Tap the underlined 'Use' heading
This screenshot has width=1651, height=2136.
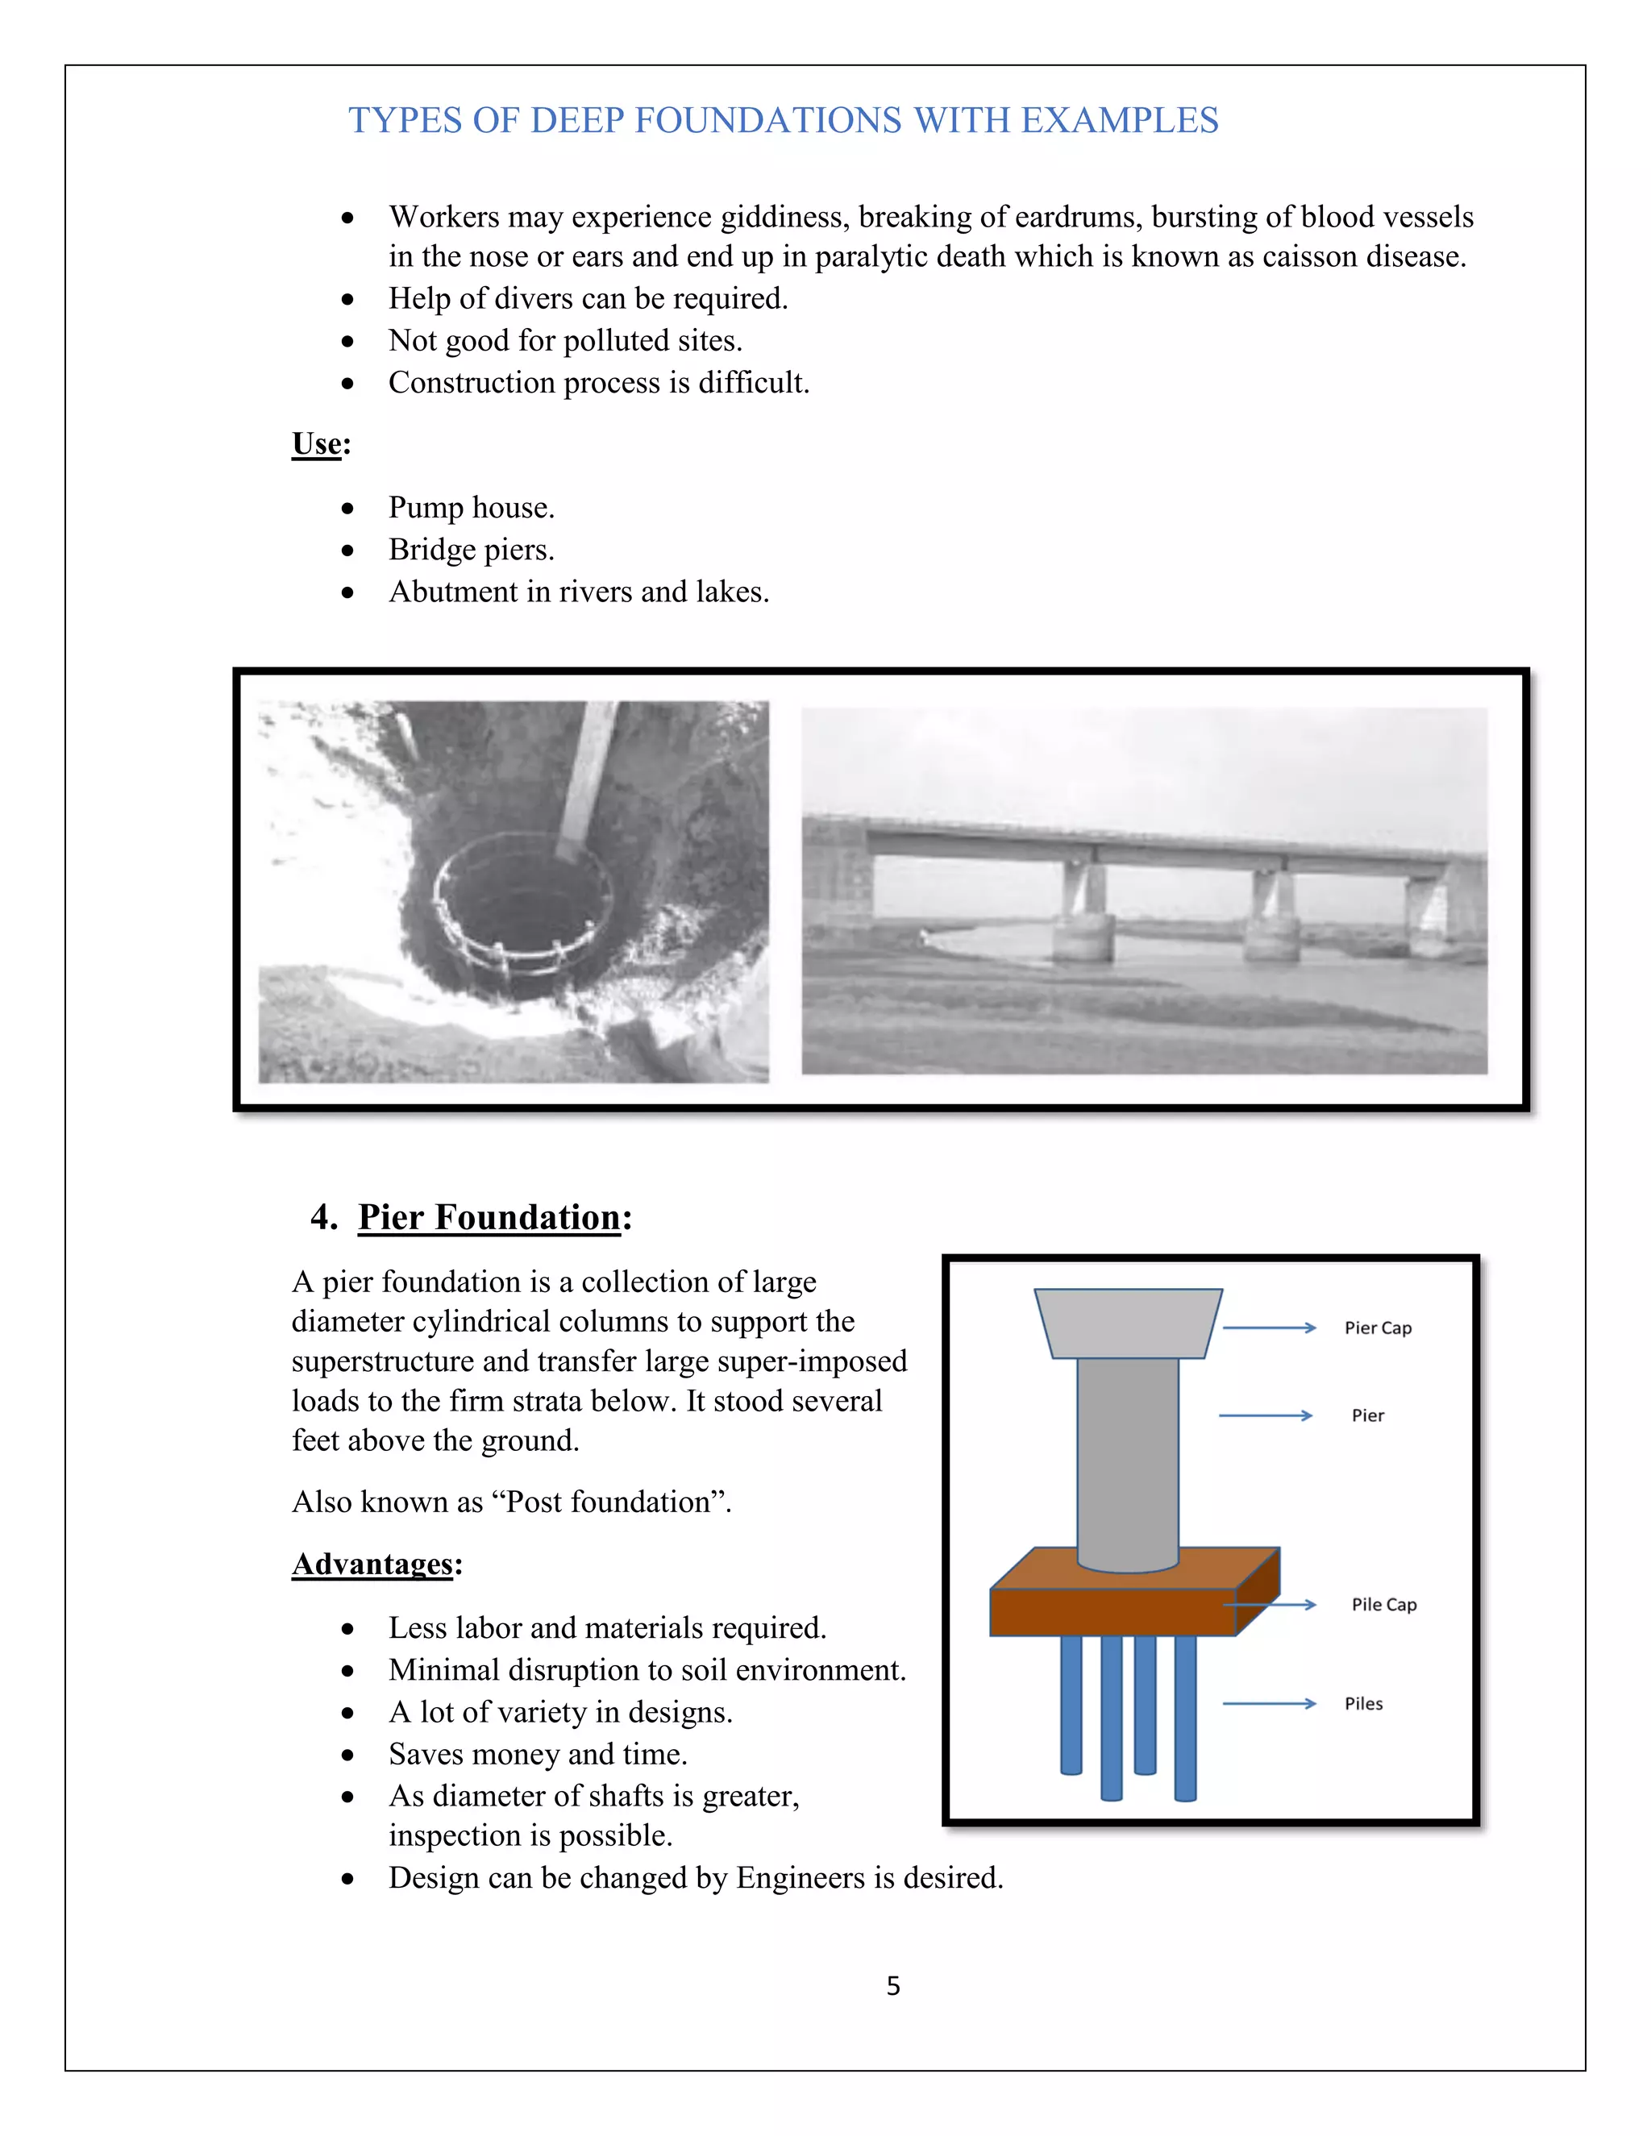point(317,444)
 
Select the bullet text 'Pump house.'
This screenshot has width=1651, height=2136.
point(472,508)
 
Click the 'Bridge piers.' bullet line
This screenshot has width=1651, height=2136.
point(472,550)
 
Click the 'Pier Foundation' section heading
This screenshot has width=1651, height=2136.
point(489,1218)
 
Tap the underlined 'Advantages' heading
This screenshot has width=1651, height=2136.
point(372,1564)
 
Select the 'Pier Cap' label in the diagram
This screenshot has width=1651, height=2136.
point(1377,1328)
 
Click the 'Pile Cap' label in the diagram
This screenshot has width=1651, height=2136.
point(1383,1605)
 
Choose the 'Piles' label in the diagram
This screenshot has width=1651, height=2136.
point(1362,1704)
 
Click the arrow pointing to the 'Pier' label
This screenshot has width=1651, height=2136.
point(1265,1415)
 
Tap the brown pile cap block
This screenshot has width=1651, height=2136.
point(1113,1612)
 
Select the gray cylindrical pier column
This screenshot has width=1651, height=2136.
point(1128,1457)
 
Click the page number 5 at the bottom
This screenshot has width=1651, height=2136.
point(892,1986)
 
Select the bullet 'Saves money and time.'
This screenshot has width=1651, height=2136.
point(537,1755)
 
